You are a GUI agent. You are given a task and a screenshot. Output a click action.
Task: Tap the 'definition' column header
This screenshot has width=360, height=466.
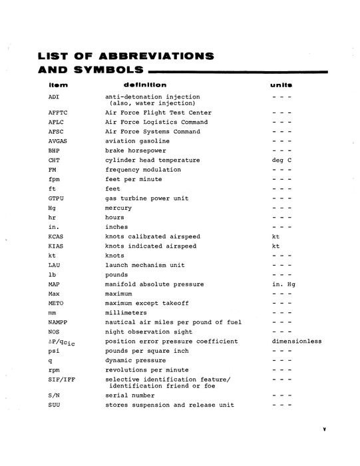click(x=145, y=85)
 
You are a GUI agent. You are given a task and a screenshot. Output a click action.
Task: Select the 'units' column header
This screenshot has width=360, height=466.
click(x=281, y=85)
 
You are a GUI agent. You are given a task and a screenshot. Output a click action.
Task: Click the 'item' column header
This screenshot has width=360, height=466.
click(x=58, y=85)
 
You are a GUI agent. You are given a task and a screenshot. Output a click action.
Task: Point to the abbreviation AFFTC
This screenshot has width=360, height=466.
click(x=58, y=113)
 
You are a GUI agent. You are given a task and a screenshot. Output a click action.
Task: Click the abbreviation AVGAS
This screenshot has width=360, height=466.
click(x=58, y=141)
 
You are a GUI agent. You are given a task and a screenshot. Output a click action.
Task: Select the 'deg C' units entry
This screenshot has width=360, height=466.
click(x=282, y=160)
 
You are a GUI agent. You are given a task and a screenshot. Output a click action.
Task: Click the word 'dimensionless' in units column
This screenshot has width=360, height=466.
click(x=297, y=342)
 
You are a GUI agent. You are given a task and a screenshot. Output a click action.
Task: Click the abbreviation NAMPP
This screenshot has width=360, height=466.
click(x=58, y=322)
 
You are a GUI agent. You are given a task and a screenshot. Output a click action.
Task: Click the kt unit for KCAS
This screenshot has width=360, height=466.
click(x=276, y=236)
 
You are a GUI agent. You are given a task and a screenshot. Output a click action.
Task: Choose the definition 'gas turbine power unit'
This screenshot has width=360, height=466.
click(x=147, y=198)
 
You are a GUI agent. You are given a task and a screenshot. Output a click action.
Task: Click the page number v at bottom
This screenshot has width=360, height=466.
click(x=324, y=429)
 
